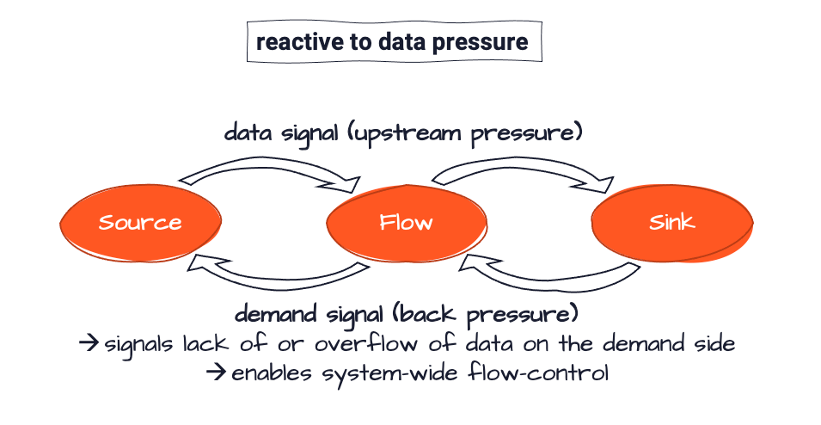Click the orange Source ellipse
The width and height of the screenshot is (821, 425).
[140, 223]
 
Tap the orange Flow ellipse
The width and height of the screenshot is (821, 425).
[406, 224]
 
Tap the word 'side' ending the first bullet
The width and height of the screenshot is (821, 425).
[714, 344]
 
